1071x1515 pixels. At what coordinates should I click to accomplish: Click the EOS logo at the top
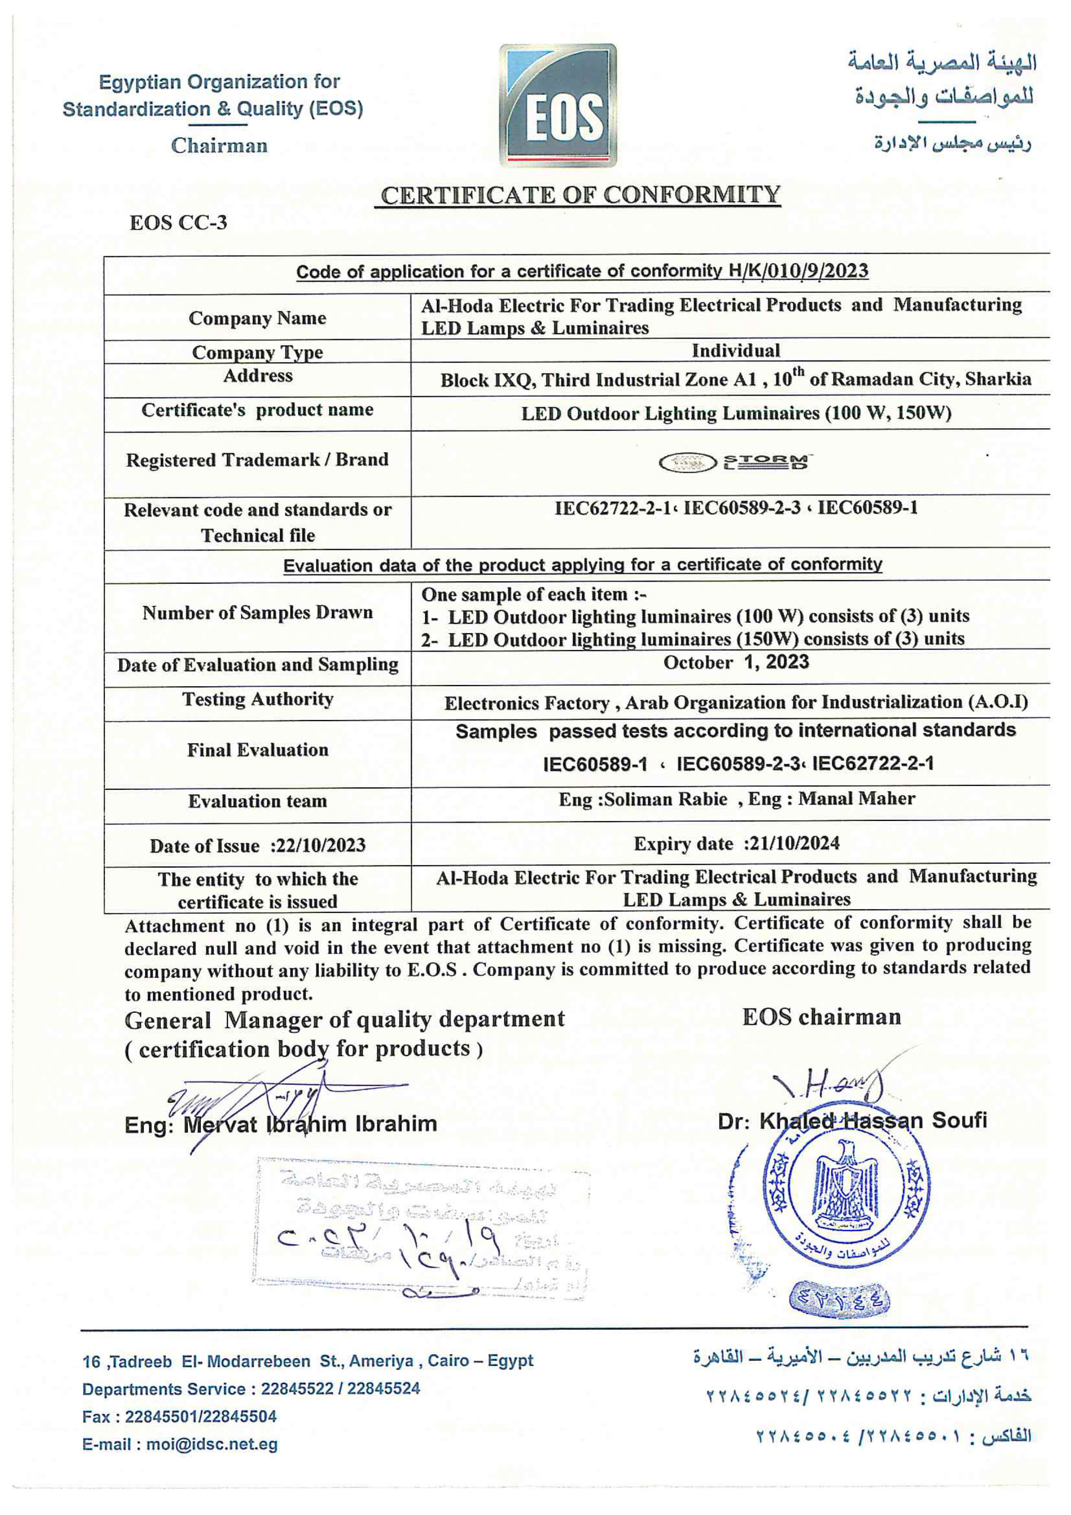click(x=558, y=105)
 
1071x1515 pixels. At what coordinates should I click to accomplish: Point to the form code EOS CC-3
click(x=178, y=223)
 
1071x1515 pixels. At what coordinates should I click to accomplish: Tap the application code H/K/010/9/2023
click(x=798, y=271)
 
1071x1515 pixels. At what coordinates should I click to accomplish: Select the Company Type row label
click(x=257, y=352)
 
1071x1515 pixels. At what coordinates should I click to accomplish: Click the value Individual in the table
click(x=735, y=350)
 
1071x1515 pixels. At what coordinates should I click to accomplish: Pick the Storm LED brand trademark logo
click(x=735, y=462)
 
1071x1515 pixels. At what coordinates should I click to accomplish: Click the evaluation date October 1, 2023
click(x=736, y=662)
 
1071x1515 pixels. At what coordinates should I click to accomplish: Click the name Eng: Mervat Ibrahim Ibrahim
click(x=280, y=1124)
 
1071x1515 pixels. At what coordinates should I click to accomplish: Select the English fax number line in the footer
click(x=179, y=1416)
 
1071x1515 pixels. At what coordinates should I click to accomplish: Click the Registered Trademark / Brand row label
click(x=257, y=460)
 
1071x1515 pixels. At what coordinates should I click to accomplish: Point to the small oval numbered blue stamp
click(x=840, y=1300)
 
